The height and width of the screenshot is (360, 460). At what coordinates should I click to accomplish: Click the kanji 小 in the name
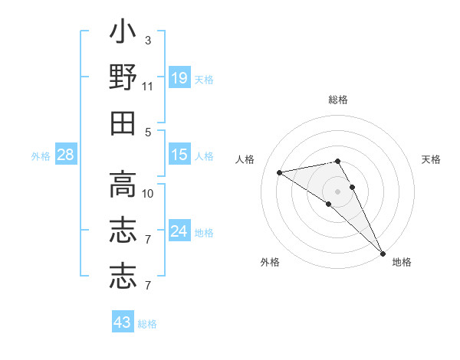[x=123, y=34]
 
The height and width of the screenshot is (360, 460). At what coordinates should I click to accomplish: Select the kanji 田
[x=123, y=123]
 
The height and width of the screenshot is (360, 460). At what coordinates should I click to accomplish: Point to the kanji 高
[x=123, y=184]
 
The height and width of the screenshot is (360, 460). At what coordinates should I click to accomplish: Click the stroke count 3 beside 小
[x=148, y=40]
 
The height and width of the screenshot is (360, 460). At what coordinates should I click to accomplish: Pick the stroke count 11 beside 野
[x=148, y=86]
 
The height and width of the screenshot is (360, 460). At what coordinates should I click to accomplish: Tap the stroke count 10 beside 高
[x=148, y=193]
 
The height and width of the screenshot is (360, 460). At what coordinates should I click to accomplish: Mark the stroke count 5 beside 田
[x=148, y=132]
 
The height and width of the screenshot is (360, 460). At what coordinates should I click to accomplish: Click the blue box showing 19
[x=179, y=77]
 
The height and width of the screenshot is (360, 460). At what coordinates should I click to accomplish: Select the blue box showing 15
[x=179, y=155]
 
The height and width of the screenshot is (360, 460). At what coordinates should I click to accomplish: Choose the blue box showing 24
[x=179, y=231]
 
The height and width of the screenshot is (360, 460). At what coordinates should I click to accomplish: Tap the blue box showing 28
[x=65, y=155]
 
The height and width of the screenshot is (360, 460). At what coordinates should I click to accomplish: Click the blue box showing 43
[x=123, y=322]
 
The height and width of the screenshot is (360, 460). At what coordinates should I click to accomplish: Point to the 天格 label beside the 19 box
[x=204, y=79]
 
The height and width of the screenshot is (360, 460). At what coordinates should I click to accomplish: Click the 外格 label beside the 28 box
[x=41, y=156]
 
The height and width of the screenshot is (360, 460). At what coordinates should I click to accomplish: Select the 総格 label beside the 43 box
[x=147, y=324]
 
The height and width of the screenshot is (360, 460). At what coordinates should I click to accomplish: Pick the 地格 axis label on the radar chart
[x=402, y=262]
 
